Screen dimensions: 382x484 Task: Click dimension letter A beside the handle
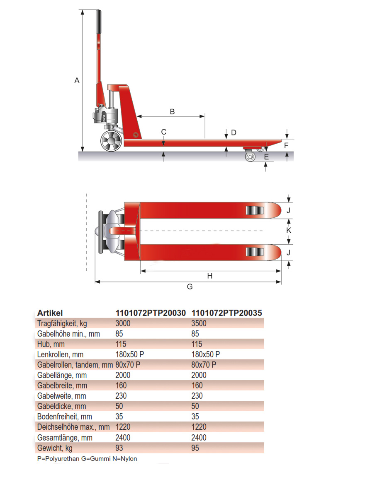pos(77,81)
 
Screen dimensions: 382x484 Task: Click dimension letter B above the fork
pos(172,111)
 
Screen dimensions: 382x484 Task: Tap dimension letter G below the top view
pos(190,287)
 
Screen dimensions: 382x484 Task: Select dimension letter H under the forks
pos(210,276)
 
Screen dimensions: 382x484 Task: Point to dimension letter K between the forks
pos(289,230)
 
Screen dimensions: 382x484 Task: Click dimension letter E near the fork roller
pos(266,157)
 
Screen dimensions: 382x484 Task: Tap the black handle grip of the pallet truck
pos(98,22)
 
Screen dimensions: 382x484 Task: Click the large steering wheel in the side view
pos(111,141)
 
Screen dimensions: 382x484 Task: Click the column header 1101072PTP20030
pos(151,313)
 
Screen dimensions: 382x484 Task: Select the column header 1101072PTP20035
pos(227,313)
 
